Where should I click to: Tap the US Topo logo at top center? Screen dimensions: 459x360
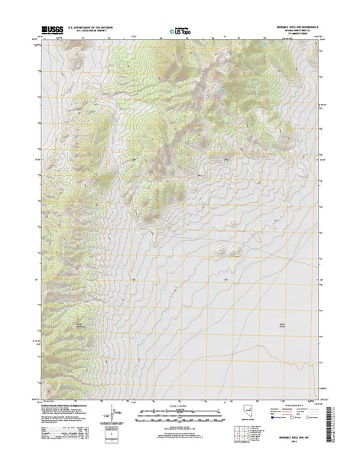[180, 32]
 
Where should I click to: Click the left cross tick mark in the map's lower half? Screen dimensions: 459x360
[135, 280]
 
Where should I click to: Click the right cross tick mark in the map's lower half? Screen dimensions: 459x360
[227, 280]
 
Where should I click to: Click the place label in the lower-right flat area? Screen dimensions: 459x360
[280, 328]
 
